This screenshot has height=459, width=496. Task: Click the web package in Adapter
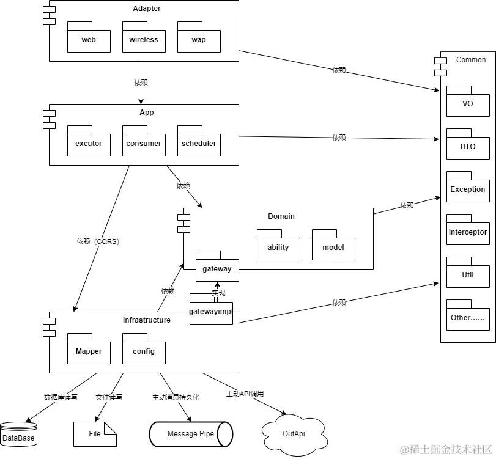(x=89, y=40)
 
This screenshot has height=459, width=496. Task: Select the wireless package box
(x=144, y=40)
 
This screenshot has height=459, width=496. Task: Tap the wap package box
(x=199, y=40)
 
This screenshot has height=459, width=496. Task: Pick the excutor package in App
(x=89, y=144)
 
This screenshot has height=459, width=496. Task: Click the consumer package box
(x=144, y=144)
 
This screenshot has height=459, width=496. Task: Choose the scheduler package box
(x=199, y=144)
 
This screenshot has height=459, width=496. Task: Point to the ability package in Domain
(x=278, y=248)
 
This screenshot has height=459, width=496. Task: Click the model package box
(x=333, y=248)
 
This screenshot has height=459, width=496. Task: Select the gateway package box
(x=217, y=269)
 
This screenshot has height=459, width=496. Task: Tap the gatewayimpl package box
(x=211, y=312)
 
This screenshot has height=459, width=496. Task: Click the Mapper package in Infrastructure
(x=89, y=351)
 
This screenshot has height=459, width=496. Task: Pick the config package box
(x=144, y=351)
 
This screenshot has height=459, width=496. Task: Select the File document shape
(x=95, y=434)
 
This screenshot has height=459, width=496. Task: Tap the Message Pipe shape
(x=191, y=434)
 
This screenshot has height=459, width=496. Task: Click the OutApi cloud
(x=294, y=434)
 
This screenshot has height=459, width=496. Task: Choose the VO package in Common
(x=468, y=104)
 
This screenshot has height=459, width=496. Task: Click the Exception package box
(x=468, y=189)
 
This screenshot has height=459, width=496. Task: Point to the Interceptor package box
(x=468, y=232)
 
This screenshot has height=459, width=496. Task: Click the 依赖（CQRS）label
(x=102, y=242)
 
